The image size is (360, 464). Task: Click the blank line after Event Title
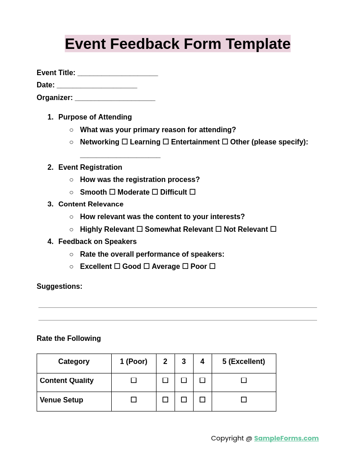[x=118, y=73]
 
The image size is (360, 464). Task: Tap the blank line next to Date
[x=97, y=86]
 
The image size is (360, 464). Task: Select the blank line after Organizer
[x=115, y=98]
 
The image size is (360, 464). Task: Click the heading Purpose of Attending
[x=95, y=117]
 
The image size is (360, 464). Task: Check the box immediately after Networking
[x=125, y=142]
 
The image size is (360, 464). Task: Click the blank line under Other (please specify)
[x=120, y=156]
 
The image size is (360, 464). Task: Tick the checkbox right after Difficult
[x=193, y=192]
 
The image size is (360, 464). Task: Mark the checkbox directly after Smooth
[x=112, y=192]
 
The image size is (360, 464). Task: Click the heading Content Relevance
[x=90, y=204]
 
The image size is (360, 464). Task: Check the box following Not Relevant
[x=273, y=229]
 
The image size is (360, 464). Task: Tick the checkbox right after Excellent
[x=117, y=266]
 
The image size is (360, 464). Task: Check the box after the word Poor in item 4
[x=212, y=266]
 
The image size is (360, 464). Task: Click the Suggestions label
[x=59, y=287]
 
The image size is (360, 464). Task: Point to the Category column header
[x=74, y=362]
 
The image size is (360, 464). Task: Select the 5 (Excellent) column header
[x=243, y=362]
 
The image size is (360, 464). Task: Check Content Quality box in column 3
[x=184, y=380]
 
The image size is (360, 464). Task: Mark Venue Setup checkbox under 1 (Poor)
[x=133, y=400]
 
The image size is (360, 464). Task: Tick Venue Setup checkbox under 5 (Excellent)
[x=244, y=400]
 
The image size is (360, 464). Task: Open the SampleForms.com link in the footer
[x=286, y=438]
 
